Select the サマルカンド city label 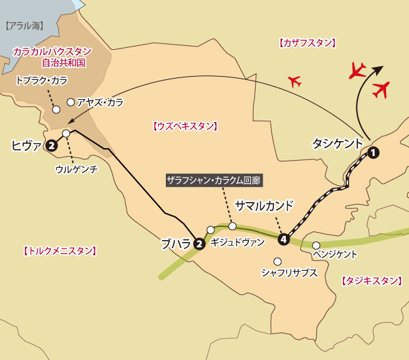click(x=265, y=205)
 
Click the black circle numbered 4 click(x=284, y=239)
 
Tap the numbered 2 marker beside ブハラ click(x=200, y=244)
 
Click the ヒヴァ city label click(x=26, y=146)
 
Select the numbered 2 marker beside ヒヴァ click(x=51, y=147)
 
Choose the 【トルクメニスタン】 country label click(x=60, y=250)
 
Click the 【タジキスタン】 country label click(x=371, y=281)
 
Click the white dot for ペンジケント click(x=316, y=246)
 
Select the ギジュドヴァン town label click(x=238, y=242)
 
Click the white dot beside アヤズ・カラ click(x=70, y=102)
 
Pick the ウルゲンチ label click(x=77, y=169)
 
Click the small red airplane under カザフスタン click(x=294, y=82)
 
